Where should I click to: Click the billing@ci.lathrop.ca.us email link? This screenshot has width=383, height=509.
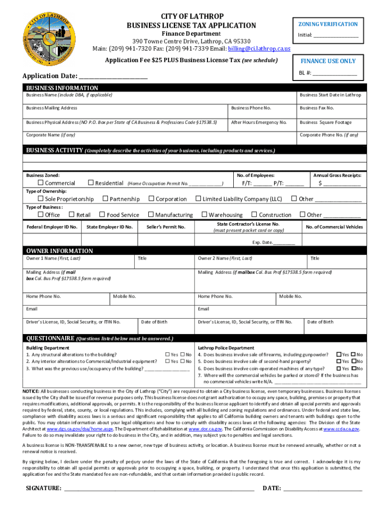pos(259,49)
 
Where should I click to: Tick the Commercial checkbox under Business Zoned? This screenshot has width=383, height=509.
pos(41,183)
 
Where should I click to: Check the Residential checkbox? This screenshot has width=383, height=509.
pos(91,183)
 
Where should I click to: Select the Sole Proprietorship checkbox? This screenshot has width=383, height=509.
pos(41,199)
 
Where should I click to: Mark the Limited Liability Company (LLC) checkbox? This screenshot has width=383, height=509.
pos(198,199)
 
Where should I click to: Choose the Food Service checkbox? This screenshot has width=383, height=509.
pos(102,215)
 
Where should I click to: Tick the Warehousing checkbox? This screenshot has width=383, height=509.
pos(204,215)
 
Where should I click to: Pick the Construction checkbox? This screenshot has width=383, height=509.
pos(254,215)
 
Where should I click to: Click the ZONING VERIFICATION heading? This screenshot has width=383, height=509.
pos(328,24)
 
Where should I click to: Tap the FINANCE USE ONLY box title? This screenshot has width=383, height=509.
pos(328,61)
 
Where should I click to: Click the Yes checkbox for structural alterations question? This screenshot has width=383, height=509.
pos(167,354)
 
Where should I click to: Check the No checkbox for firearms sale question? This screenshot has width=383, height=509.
pos(353,354)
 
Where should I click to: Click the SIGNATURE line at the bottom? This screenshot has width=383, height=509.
pos(159,488)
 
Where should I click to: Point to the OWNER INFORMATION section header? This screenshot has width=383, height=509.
pos(59,251)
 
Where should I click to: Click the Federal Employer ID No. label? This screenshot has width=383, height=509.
pos(52,227)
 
